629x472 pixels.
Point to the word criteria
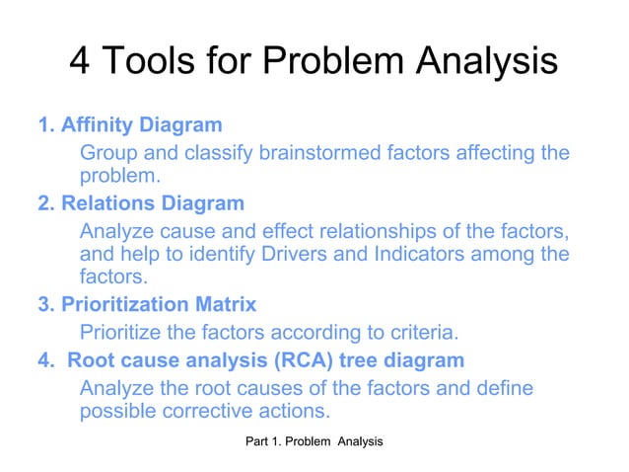(x=415, y=331)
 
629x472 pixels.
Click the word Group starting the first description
(x=107, y=153)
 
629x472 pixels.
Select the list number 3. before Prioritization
(x=45, y=305)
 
